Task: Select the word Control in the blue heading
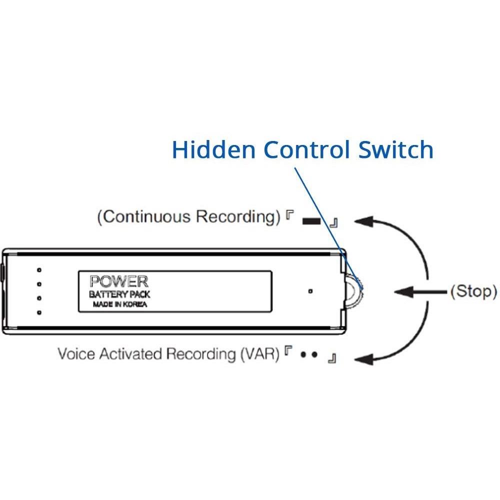(x=305, y=149)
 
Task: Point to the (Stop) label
(x=473, y=291)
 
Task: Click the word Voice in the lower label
(x=76, y=354)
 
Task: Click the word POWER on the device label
(x=118, y=281)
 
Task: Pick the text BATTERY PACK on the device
(x=119, y=294)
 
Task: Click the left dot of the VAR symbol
(x=303, y=356)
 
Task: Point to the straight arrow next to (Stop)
(x=420, y=291)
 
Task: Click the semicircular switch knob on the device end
(x=356, y=291)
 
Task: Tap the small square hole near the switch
(x=310, y=291)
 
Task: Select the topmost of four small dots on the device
(x=39, y=270)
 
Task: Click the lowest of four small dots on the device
(x=39, y=312)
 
